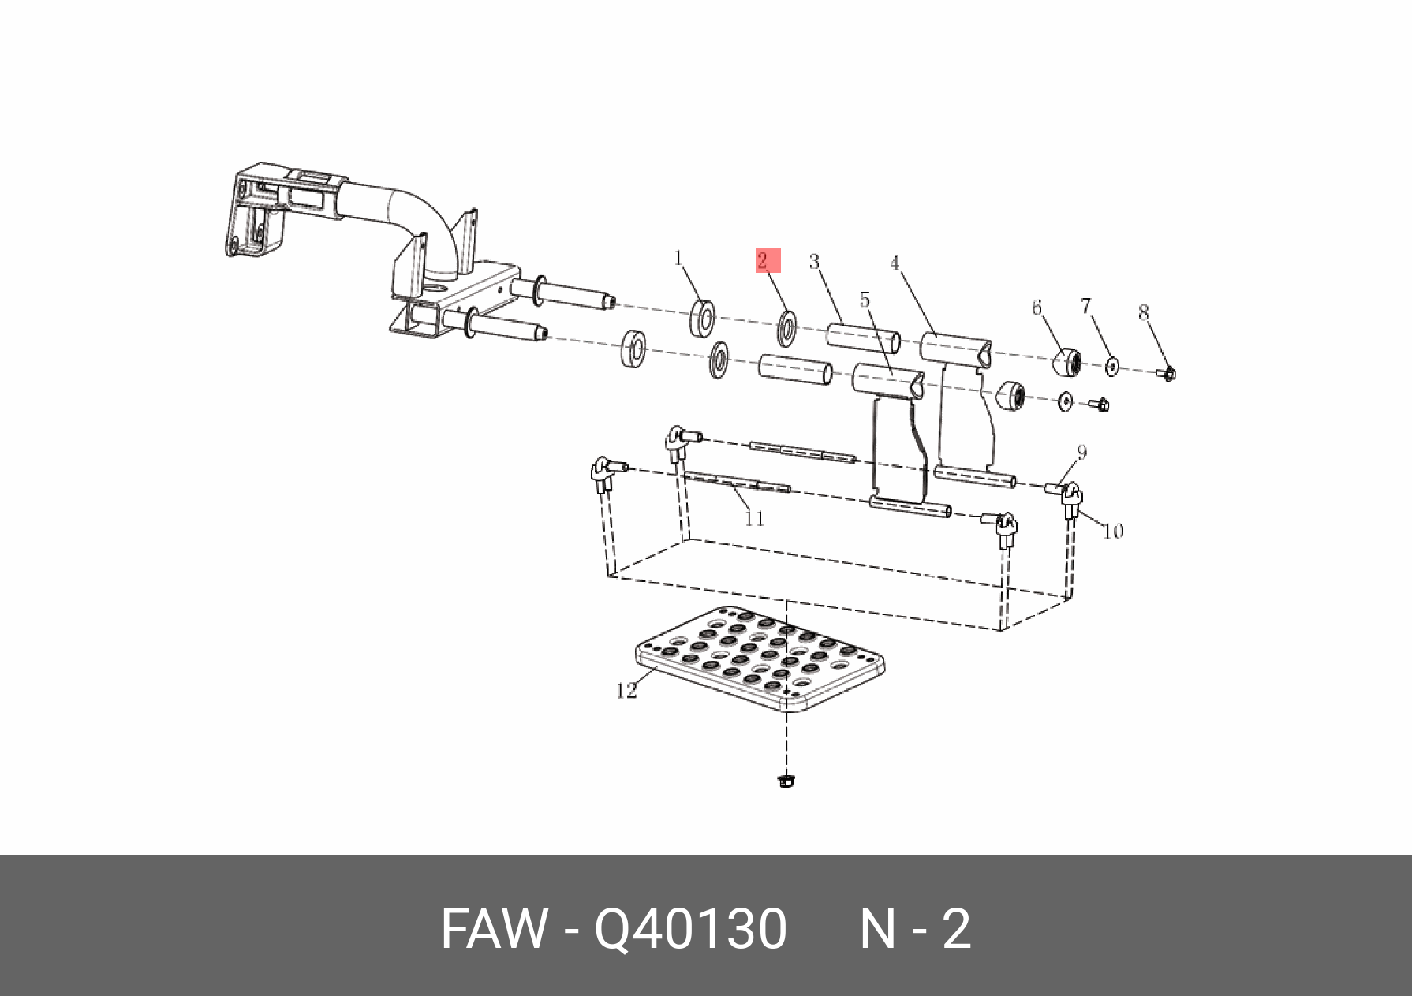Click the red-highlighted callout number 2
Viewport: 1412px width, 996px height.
pyautogui.click(x=763, y=261)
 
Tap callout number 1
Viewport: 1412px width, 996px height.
pyautogui.click(x=678, y=258)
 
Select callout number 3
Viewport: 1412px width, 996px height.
pyautogui.click(x=814, y=262)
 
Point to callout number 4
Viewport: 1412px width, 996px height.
pyautogui.click(x=895, y=263)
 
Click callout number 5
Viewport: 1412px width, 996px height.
pyautogui.click(x=865, y=300)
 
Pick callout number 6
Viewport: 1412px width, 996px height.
pyautogui.click(x=1037, y=308)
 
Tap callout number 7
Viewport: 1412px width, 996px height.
pyautogui.click(x=1085, y=305)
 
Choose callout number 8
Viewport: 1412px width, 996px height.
pyautogui.click(x=1144, y=313)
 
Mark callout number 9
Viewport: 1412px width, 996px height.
pyautogui.click(x=1081, y=452)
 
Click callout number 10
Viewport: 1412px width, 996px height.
pyautogui.click(x=1113, y=532)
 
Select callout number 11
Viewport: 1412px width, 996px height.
pyautogui.click(x=754, y=518)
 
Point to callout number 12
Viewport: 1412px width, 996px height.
pyautogui.click(x=626, y=691)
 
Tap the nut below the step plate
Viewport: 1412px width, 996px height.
pyautogui.click(x=785, y=782)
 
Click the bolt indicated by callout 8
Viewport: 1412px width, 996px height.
pyautogui.click(x=1168, y=373)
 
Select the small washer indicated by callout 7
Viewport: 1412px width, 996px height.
pyautogui.click(x=1112, y=367)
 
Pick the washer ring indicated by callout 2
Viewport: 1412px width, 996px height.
pyautogui.click(x=787, y=328)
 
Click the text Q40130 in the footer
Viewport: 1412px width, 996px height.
pyautogui.click(x=690, y=929)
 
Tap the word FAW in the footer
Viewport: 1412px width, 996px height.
pyautogui.click(x=494, y=929)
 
